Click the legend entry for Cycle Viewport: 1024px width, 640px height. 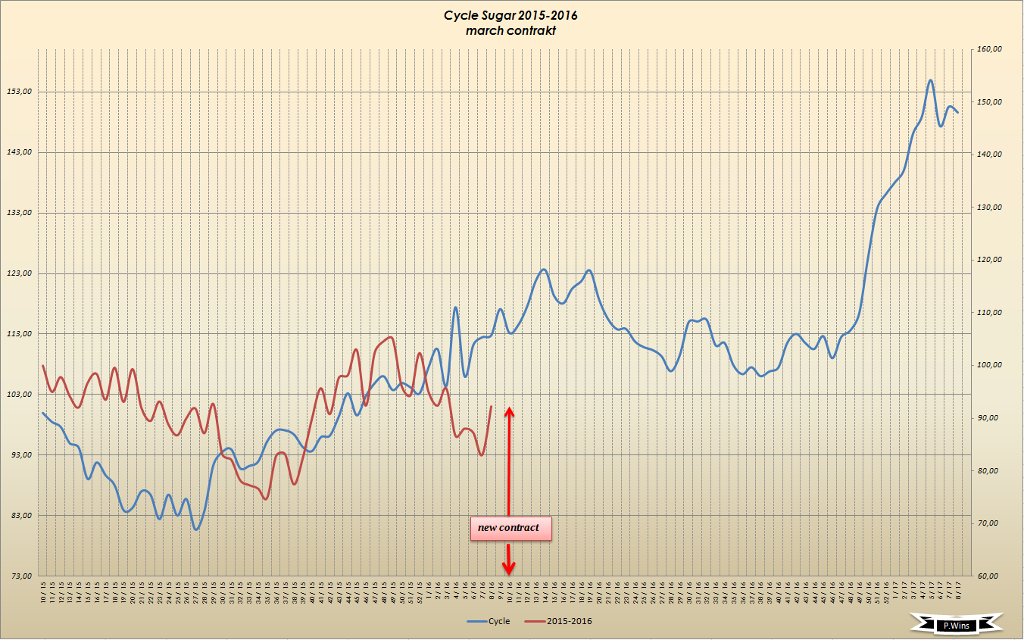pyautogui.click(x=489, y=622)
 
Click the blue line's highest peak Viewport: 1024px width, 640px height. pyautogui.click(x=930, y=80)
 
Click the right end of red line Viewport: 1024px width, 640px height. pyautogui.click(x=492, y=407)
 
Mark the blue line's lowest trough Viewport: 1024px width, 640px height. pyautogui.click(x=196, y=529)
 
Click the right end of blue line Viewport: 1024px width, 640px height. pyautogui.click(x=957, y=112)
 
